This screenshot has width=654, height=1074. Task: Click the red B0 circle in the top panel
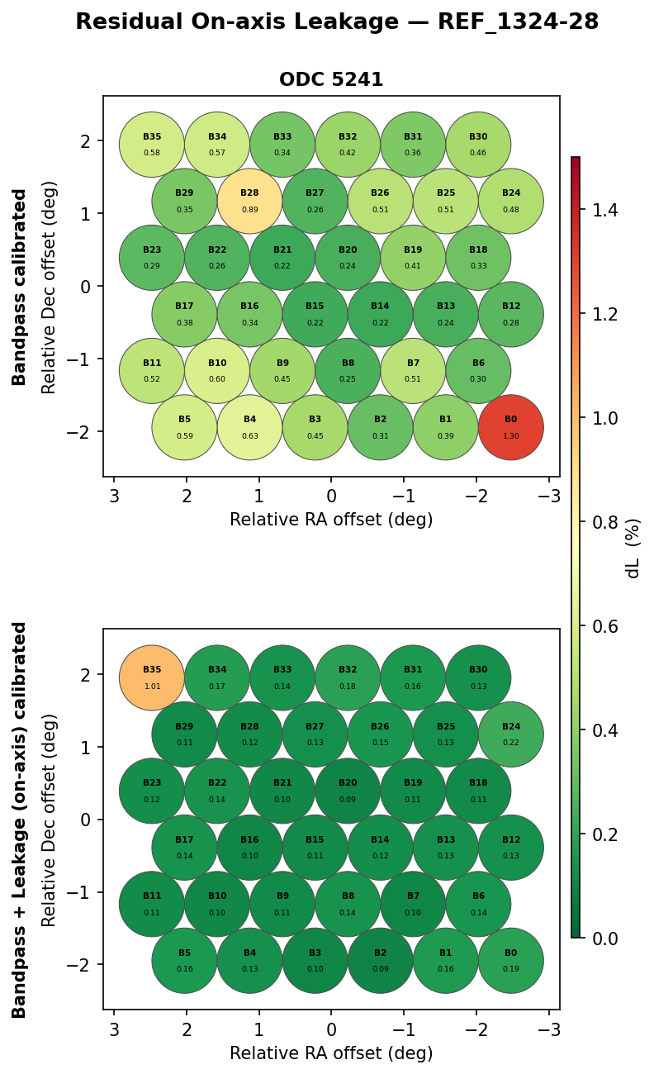[511, 427]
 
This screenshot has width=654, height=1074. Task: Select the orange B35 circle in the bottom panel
[152, 677]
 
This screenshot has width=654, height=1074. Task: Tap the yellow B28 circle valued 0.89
[249, 201]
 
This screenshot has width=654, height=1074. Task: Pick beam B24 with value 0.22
[511, 734]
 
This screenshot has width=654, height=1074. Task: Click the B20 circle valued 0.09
[348, 791]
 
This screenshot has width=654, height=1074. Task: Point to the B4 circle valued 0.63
[249, 427]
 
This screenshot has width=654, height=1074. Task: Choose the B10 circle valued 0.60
[217, 370]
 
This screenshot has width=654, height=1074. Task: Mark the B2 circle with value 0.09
[380, 961]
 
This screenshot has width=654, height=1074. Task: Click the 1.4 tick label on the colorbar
[606, 210]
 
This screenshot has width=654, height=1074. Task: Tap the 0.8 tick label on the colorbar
[606, 522]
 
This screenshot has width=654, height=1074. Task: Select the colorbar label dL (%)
[633, 548]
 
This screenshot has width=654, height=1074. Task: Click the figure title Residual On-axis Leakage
[337, 22]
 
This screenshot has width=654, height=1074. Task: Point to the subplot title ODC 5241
[331, 80]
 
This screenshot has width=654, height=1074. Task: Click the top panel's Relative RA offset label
[331, 520]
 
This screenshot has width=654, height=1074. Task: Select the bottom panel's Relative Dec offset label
[50, 820]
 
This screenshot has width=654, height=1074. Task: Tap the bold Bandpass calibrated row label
[20, 287]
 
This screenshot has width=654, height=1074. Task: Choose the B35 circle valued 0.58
[152, 145]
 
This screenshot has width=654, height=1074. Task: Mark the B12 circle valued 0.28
[511, 314]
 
